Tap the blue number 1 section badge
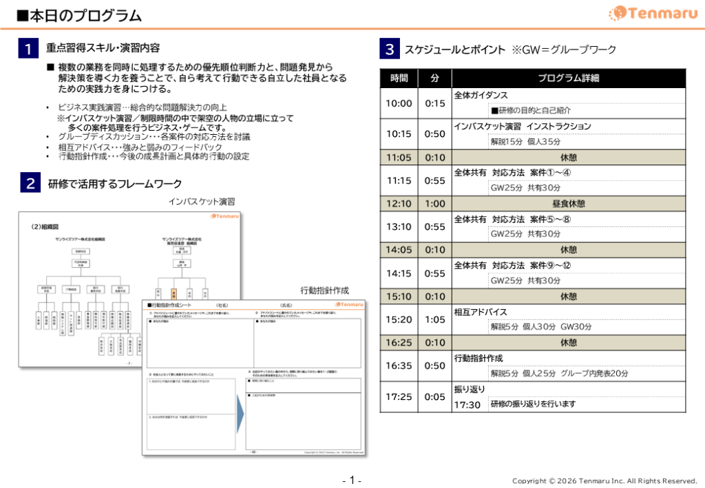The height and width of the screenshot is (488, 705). pos(28,49)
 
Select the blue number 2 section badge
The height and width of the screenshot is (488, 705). pos(31,184)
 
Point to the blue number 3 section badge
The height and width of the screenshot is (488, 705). pos(389,50)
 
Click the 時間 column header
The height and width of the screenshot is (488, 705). pos(399,78)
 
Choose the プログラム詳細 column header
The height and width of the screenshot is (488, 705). pos(568,78)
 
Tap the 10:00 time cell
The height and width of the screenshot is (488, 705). pos(399,103)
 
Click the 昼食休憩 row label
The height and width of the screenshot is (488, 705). pos(568,204)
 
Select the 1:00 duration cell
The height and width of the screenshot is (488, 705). pos(434,204)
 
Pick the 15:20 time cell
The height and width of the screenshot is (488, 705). pos(399,319)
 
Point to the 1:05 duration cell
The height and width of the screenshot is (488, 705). pos(434,319)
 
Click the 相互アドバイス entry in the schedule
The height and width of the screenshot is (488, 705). pos(480,312)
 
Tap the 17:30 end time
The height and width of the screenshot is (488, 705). pos(467,405)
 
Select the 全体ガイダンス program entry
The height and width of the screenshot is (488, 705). pos(481,95)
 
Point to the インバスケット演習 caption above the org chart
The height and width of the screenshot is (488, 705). pos(202,202)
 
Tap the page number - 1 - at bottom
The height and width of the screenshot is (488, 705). pos(352,480)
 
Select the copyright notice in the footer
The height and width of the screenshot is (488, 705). pos(604,480)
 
